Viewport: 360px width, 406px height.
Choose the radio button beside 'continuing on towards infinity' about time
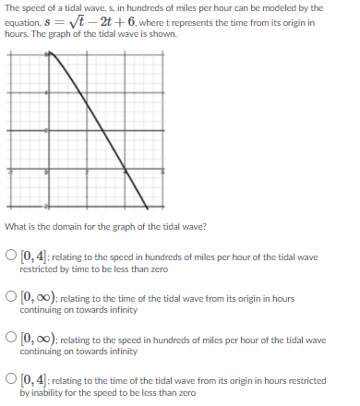pos(11,299)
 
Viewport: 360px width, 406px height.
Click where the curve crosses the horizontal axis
pos(126,171)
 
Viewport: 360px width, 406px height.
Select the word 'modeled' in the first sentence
pos(271,7)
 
